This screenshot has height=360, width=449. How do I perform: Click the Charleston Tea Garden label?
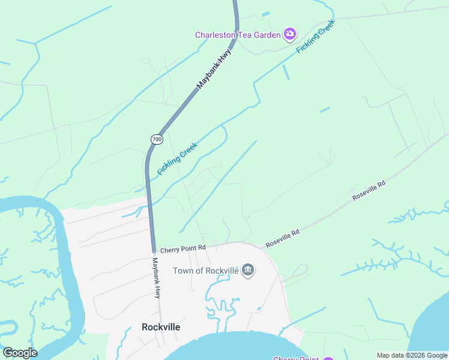click(x=238, y=35)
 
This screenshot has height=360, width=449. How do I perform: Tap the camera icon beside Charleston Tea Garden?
click(x=290, y=34)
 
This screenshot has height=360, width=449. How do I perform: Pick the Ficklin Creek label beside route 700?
click(x=177, y=158)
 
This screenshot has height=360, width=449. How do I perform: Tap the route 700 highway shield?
click(x=157, y=139)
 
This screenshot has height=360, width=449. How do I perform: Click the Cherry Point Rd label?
click(x=183, y=248)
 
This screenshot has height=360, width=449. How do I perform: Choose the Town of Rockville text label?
click(x=206, y=271)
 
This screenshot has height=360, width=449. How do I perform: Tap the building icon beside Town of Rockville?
click(x=248, y=271)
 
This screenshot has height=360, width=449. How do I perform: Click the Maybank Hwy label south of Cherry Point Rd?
click(x=156, y=278)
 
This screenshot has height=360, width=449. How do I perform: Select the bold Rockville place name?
click(x=161, y=327)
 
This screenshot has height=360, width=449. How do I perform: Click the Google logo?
click(x=20, y=353)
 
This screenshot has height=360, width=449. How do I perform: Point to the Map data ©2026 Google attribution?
click(x=411, y=355)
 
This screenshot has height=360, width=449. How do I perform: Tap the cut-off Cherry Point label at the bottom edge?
click(x=296, y=358)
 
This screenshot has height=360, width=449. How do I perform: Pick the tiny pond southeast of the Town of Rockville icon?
click(x=259, y=309)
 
